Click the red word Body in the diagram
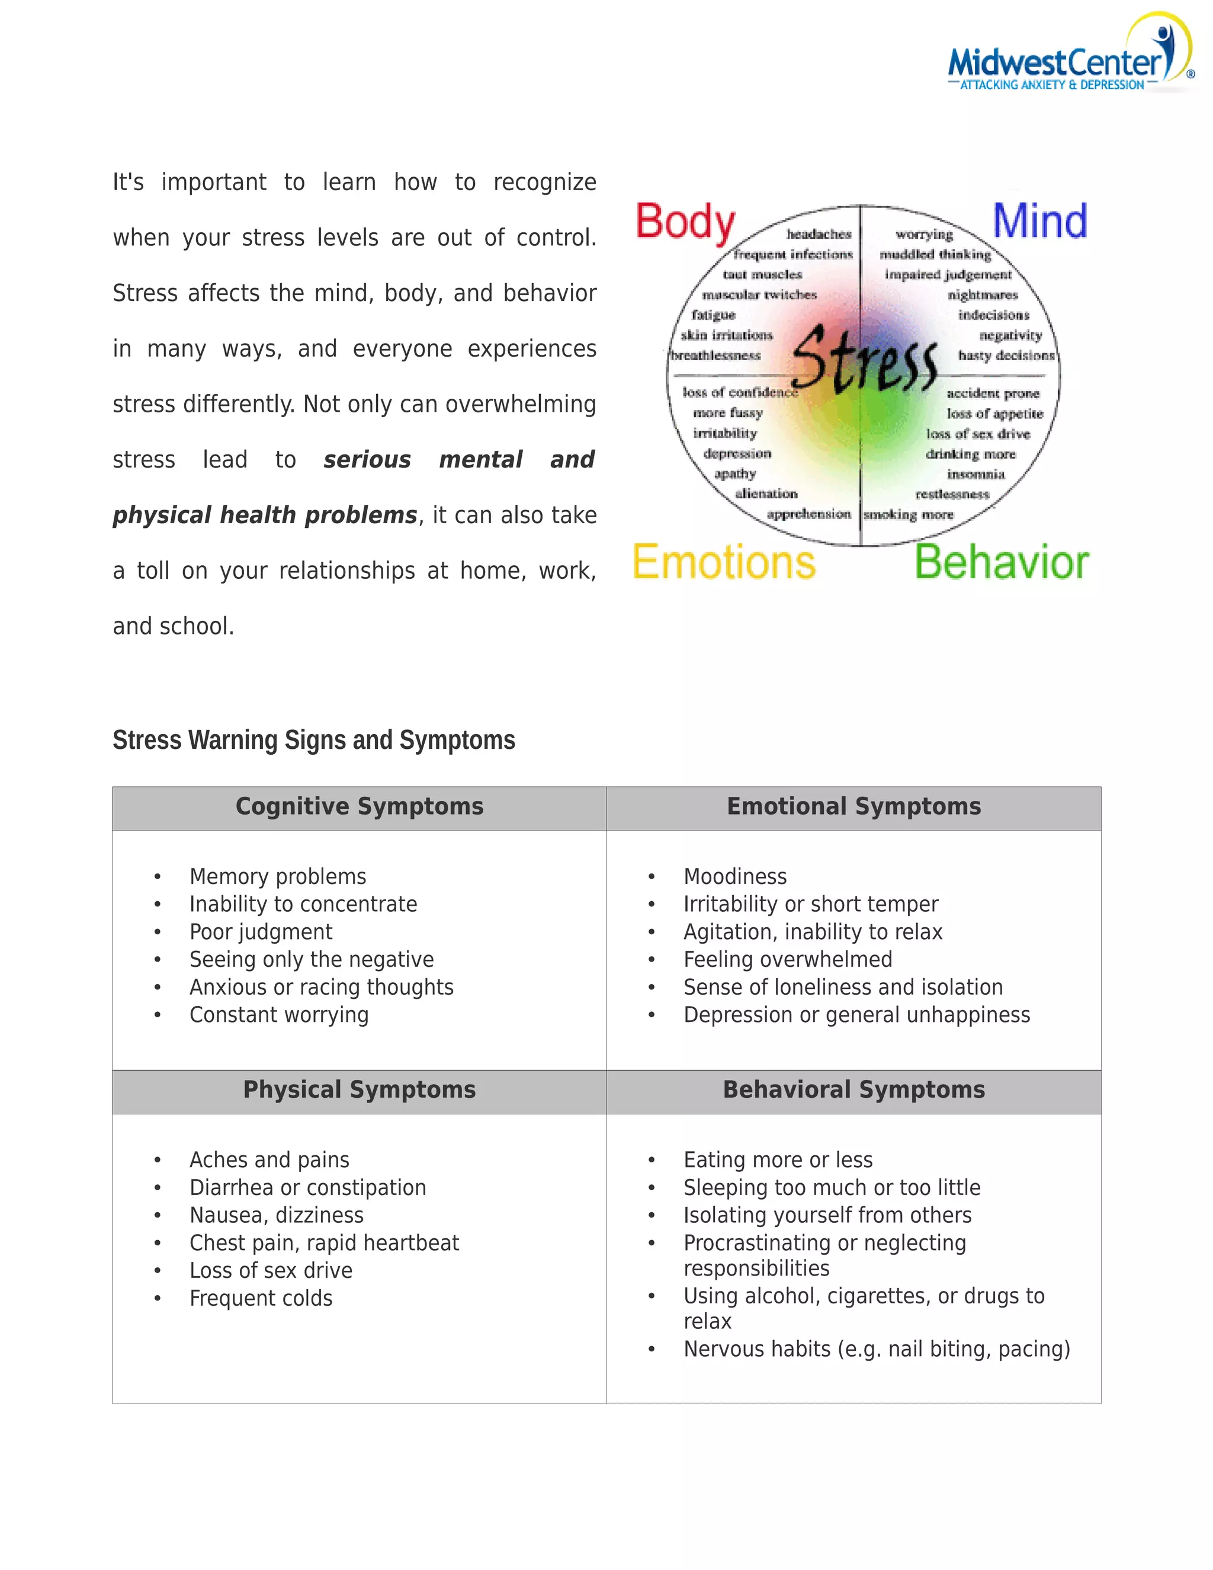click(x=685, y=222)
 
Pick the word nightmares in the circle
click(x=983, y=294)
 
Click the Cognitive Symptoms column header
click(x=360, y=806)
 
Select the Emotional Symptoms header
click(x=853, y=806)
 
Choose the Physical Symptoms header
click(x=360, y=1090)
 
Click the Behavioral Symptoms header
click(x=853, y=1090)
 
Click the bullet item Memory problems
click(x=277, y=876)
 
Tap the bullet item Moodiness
click(x=734, y=876)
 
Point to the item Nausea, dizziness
click(x=276, y=1215)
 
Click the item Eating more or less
click(x=778, y=1159)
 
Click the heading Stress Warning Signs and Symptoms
click(x=313, y=740)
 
